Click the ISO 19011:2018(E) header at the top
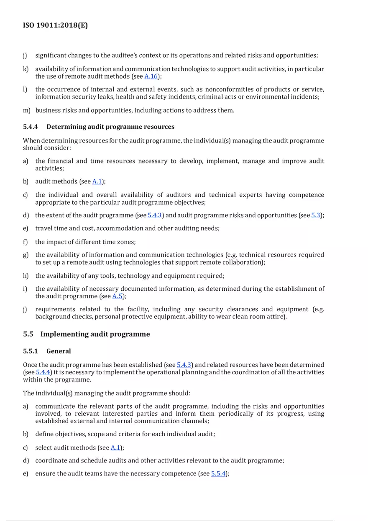pyautogui.click(x=55, y=25)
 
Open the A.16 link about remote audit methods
pyautogui.click(x=151, y=76)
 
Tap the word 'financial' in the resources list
pyautogui.click(x=61, y=161)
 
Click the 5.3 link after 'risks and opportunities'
pyautogui.click(x=316, y=215)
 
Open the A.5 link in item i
pyautogui.click(x=117, y=296)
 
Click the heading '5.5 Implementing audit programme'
pyautogui.click(x=87, y=334)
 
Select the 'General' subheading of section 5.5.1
pyautogui.click(x=59, y=351)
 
